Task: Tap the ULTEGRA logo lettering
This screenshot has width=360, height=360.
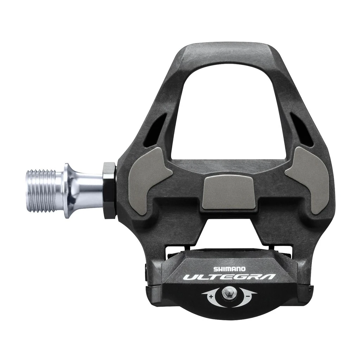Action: [229, 277]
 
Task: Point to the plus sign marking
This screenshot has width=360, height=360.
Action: [211, 296]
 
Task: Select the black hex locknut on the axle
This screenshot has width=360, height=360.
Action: [109, 190]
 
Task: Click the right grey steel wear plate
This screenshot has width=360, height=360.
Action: [309, 178]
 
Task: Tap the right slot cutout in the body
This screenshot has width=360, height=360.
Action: [301, 129]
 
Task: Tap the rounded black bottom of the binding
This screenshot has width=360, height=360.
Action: [229, 311]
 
